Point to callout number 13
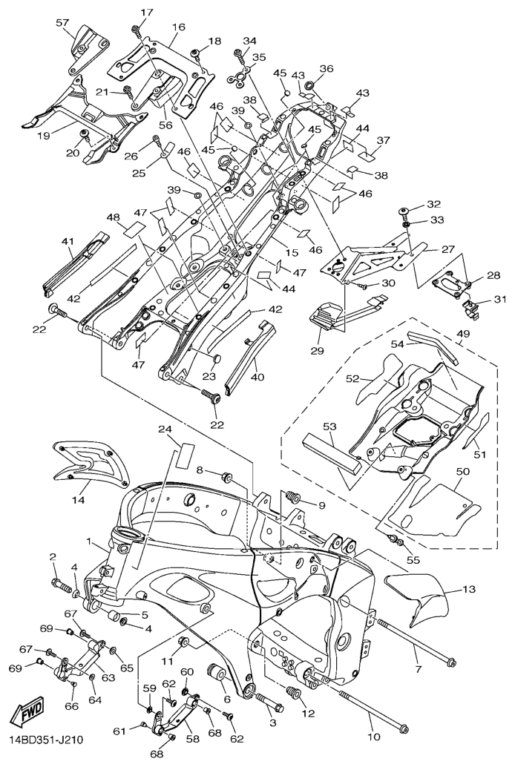click(468, 590)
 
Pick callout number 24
click(165, 429)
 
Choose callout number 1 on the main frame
click(89, 543)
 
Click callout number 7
click(417, 670)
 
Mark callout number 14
click(78, 501)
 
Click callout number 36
click(327, 69)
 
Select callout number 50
click(462, 472)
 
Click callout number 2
click(53, 556)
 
